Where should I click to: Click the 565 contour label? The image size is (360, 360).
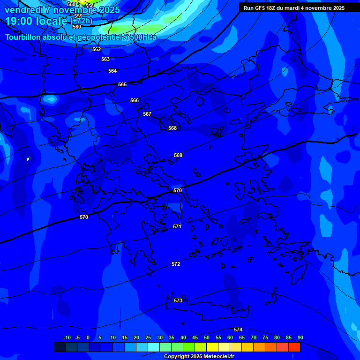(x=122, y=84)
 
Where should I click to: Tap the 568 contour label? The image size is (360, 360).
(x=172, y=128)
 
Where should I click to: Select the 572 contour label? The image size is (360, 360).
(x=176, y=264)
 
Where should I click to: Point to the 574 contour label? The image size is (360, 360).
(x=238, y=330)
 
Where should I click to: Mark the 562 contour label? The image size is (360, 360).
(x=97, y=49)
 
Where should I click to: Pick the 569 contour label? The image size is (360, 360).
(x=178, y=155)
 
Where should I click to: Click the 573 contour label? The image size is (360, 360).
(x=178, y=300)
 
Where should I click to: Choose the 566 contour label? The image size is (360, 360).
(x=135, y=100)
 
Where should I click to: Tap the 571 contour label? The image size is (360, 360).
(x=177, y=226)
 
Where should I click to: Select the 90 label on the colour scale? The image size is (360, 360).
(x=300, y=337)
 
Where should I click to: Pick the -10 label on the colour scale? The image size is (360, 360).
(x=67, y=337)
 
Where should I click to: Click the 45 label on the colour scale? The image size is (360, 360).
(x=195, y=337)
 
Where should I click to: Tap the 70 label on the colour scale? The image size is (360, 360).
(x=254, y=337)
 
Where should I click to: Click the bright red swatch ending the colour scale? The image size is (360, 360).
(x=294, y=347)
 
